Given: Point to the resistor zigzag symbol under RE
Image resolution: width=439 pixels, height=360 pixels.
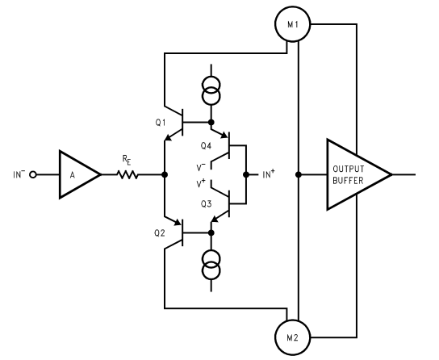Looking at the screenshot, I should click(126, 174).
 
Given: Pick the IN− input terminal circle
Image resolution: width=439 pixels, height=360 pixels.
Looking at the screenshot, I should click(35, 174).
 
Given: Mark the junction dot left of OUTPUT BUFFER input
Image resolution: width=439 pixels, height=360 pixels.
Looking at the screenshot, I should click(299, 174).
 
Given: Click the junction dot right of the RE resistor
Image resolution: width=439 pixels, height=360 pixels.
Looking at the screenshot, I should click(164, 174).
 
